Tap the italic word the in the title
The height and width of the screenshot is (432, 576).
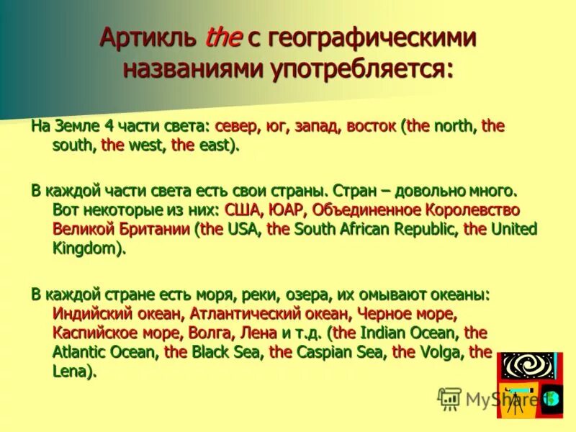[223, 38]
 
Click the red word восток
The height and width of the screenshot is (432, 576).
[371, 127]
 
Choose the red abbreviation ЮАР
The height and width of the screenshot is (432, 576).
[289, 210]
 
